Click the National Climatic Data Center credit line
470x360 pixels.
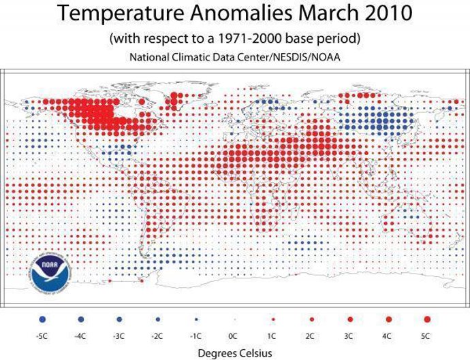pos(235,58)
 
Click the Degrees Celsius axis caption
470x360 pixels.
pos(235,353)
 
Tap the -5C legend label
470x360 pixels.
pos(43,336)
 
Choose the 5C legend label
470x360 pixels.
pos(427,336)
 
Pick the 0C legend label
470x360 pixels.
pos(234,336)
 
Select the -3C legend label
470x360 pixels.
pos(119,336)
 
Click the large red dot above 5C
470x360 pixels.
pos(427,318)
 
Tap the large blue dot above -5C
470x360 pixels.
pos(43,318)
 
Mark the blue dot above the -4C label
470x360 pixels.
pos(81,318)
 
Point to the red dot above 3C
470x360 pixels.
pos(350,318)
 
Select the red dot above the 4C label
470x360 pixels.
pos(389,318)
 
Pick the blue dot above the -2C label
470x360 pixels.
pos(157,318)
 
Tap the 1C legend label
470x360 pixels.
pos(273,336)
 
